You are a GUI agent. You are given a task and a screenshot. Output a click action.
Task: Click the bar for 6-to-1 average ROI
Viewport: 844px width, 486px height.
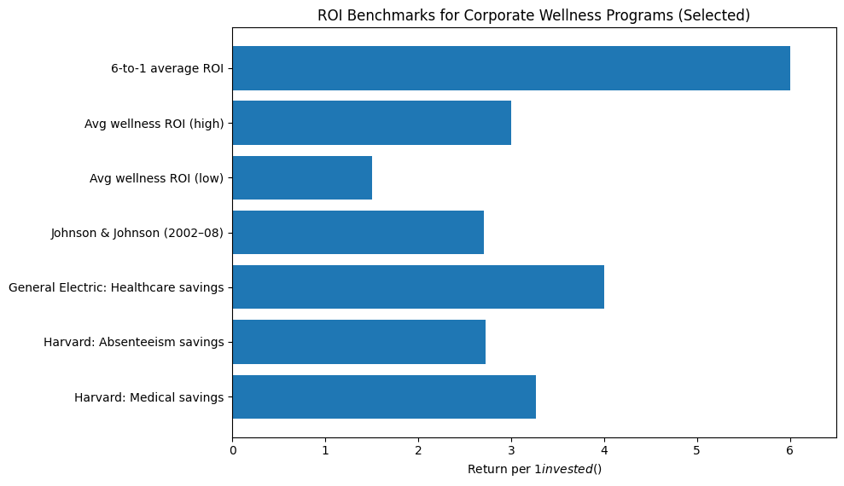click(x=510, y=68)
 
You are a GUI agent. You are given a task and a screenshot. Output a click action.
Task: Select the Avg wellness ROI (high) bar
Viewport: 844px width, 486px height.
click(x=371, y=123)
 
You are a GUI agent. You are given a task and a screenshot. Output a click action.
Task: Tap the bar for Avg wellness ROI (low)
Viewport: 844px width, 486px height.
click(x=302, y=177)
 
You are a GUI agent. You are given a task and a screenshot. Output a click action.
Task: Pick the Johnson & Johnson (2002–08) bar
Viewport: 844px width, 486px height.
click(x=358, y=232)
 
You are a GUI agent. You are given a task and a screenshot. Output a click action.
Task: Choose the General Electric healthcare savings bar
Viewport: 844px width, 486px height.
click(x=418, y=287)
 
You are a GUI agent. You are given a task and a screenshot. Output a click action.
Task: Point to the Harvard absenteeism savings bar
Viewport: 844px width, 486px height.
click(x=358, y=342)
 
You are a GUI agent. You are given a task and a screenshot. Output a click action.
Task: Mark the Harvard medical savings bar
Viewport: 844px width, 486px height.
click(x=384, y=396)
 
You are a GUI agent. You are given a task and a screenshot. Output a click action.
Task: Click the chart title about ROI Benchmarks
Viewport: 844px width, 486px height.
click(x=533, y=15)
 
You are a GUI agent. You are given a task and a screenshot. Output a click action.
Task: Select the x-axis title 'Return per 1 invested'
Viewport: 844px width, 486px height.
click(x=534, y=469)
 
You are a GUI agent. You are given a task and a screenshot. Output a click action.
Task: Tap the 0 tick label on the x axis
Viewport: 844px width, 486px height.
click(x=232, y=449)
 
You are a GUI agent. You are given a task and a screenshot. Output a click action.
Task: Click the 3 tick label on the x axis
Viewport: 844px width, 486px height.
click(x=511, y=449)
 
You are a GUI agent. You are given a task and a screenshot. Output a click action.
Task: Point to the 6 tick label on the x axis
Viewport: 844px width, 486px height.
click(x=790, y=449)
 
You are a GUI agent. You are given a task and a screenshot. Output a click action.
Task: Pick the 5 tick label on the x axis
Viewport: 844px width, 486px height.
click(x=697, y=449)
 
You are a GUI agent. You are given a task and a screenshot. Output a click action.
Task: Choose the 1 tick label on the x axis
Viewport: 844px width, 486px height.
click(x=325, y=449)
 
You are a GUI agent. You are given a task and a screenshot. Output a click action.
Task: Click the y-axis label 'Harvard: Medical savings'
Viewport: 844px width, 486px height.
click(x=148, y=397)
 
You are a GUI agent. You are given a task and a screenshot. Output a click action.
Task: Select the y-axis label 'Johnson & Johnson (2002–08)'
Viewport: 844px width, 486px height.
click(x=137, y=233)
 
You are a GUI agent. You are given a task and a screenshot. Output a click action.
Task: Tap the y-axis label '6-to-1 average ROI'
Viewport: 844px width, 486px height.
click(x=167, y=69)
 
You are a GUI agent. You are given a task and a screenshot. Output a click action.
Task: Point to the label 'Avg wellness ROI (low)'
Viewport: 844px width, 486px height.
click(x=156, y=178)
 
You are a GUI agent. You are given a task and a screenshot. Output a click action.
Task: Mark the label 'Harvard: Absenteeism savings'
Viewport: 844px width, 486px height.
click(x=133, y=343)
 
